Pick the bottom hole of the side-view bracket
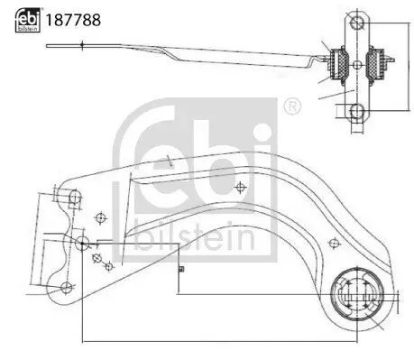click(357, 111)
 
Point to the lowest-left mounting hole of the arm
click(65, 287)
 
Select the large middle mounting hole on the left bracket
click(81, 243)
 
